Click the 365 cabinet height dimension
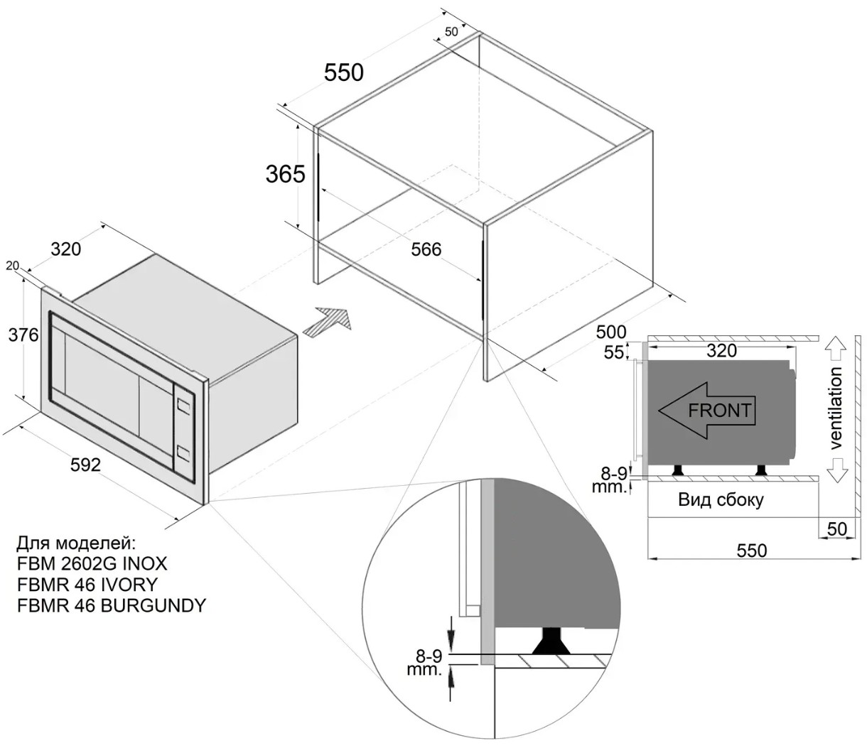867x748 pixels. coord(285,174)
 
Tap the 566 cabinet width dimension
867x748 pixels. coord(426,249)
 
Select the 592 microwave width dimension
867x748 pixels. coord(85,465)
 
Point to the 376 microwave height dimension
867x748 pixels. coord(23,335)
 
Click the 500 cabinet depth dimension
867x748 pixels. coord(611,332)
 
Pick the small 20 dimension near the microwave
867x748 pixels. coord(12,266)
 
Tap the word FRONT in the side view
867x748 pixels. coord(719,411)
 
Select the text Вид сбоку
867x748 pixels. coord(721,499)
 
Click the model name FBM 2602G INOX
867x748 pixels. coord(92,564)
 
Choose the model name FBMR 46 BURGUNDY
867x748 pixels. coord(111,605)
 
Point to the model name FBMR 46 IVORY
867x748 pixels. coord(87,585)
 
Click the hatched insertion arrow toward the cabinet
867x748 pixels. coord(327,322)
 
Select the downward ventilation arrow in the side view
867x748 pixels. coord(836,469)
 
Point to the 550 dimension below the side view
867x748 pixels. coord(752,551)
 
